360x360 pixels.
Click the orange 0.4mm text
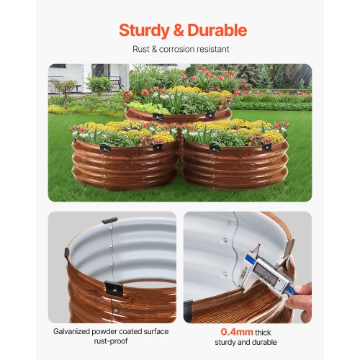click(x=218, y=333)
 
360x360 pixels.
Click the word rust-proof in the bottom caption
click(x=112, y=343)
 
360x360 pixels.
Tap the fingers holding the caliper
click(x=302, y=293)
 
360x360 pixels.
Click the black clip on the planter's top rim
click(x=109, y=221)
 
